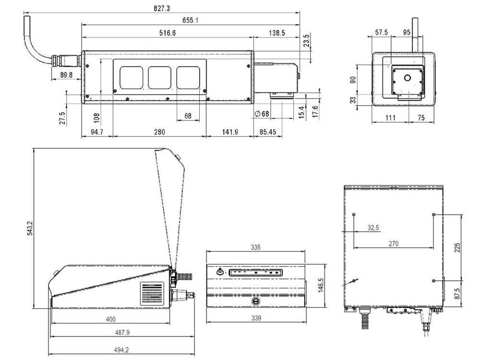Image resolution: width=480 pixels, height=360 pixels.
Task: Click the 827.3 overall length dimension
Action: [x=162, y=8]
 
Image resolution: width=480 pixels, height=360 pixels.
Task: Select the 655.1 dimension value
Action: [x=190, y=20]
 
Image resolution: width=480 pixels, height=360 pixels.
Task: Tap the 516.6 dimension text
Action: [x=168, y=33]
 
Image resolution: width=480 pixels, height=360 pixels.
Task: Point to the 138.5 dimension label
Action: [x=277, y=33]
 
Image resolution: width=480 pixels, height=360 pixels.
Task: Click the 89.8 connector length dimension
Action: [x=66, y=75]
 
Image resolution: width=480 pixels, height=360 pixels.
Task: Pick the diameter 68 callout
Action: [x=262, y=114]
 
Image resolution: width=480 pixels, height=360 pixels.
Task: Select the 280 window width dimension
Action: [x=159, y=132]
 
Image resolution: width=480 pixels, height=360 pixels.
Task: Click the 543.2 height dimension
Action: [x=30, y=228]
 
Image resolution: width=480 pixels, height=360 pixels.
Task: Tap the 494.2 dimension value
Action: [x=121, y=350]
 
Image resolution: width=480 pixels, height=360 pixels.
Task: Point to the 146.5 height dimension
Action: [x=321, y=285]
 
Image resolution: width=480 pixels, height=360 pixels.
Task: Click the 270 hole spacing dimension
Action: [x=394, y=243]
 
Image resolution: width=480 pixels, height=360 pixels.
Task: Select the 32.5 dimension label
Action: [x=373, y=228]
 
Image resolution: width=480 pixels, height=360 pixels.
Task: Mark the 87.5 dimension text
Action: [x=457, y=293]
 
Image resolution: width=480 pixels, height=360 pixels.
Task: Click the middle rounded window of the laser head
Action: [x=159, y=78]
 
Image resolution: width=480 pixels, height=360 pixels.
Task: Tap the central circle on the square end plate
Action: [x=407, y=78]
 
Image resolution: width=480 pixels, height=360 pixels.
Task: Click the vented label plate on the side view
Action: [x=152, y=294]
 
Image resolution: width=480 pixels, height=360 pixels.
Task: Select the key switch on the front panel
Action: [x=220, y=272]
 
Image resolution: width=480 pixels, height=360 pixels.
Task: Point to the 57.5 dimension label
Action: [x=382, y=32]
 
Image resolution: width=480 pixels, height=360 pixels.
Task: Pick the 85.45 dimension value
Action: [x=268, y=132]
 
